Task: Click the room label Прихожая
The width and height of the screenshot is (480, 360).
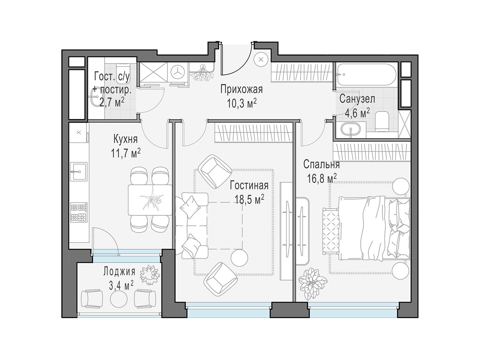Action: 241,89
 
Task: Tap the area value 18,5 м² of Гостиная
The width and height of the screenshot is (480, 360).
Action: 249,199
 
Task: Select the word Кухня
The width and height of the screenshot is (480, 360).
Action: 125,139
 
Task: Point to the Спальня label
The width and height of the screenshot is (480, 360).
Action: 322,165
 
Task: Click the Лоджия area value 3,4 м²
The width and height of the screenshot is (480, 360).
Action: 121,285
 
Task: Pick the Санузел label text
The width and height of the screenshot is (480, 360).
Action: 357,99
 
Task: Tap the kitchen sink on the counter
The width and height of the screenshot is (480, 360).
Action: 79,171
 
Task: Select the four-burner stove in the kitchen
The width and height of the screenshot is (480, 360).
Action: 79,212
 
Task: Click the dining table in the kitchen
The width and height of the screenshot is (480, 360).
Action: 150,199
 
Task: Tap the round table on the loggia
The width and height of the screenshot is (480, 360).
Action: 119,299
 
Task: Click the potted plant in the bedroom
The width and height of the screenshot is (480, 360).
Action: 313,284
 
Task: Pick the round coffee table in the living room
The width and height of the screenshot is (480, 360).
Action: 239,258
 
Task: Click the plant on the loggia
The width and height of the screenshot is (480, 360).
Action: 150,275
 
